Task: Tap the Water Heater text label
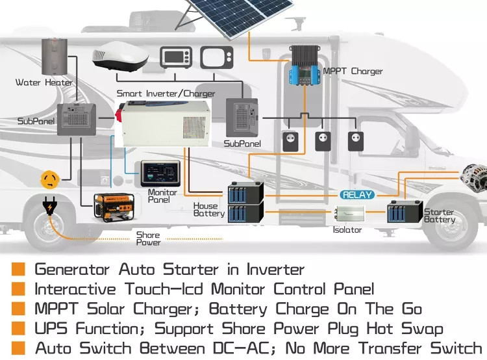click(44, 83)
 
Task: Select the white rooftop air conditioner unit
click(119, 58)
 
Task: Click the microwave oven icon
click(175, 57)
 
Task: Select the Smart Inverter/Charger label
click(166, 94)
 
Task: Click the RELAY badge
click(357, 194)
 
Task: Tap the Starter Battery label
click(440, 216)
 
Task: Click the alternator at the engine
click(469, 177)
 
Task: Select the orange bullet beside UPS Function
click(19, 328)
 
